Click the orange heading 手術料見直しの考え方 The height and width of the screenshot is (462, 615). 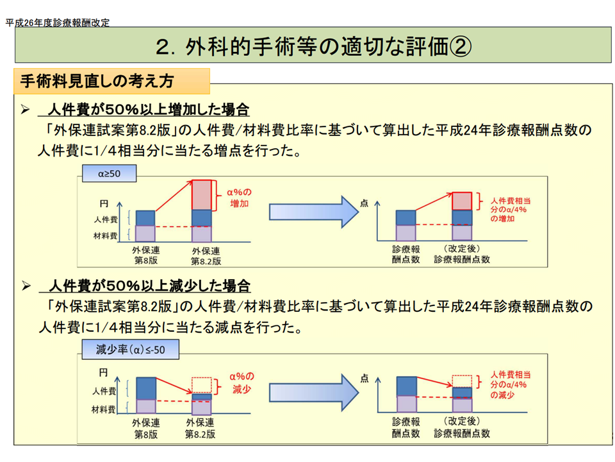97,81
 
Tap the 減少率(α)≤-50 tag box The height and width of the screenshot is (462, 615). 130,350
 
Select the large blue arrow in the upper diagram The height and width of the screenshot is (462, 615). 313,212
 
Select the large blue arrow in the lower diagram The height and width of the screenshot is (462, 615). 313,389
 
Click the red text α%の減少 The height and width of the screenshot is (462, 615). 242,382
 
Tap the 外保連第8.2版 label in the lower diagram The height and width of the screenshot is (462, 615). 201,429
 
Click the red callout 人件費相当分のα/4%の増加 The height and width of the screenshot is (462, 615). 510,209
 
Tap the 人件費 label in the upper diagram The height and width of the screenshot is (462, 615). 104,219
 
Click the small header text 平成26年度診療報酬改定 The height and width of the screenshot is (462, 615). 58,22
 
